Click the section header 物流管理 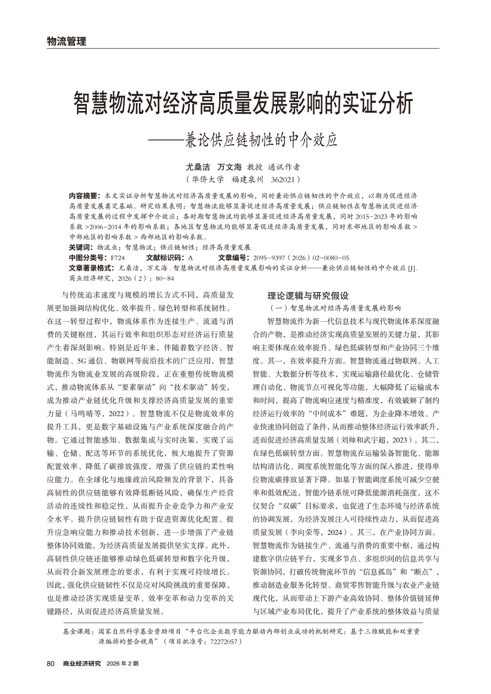66,41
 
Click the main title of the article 242,103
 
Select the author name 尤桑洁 198,167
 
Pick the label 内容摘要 85,195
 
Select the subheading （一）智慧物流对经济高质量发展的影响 335,308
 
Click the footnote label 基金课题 78,633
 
